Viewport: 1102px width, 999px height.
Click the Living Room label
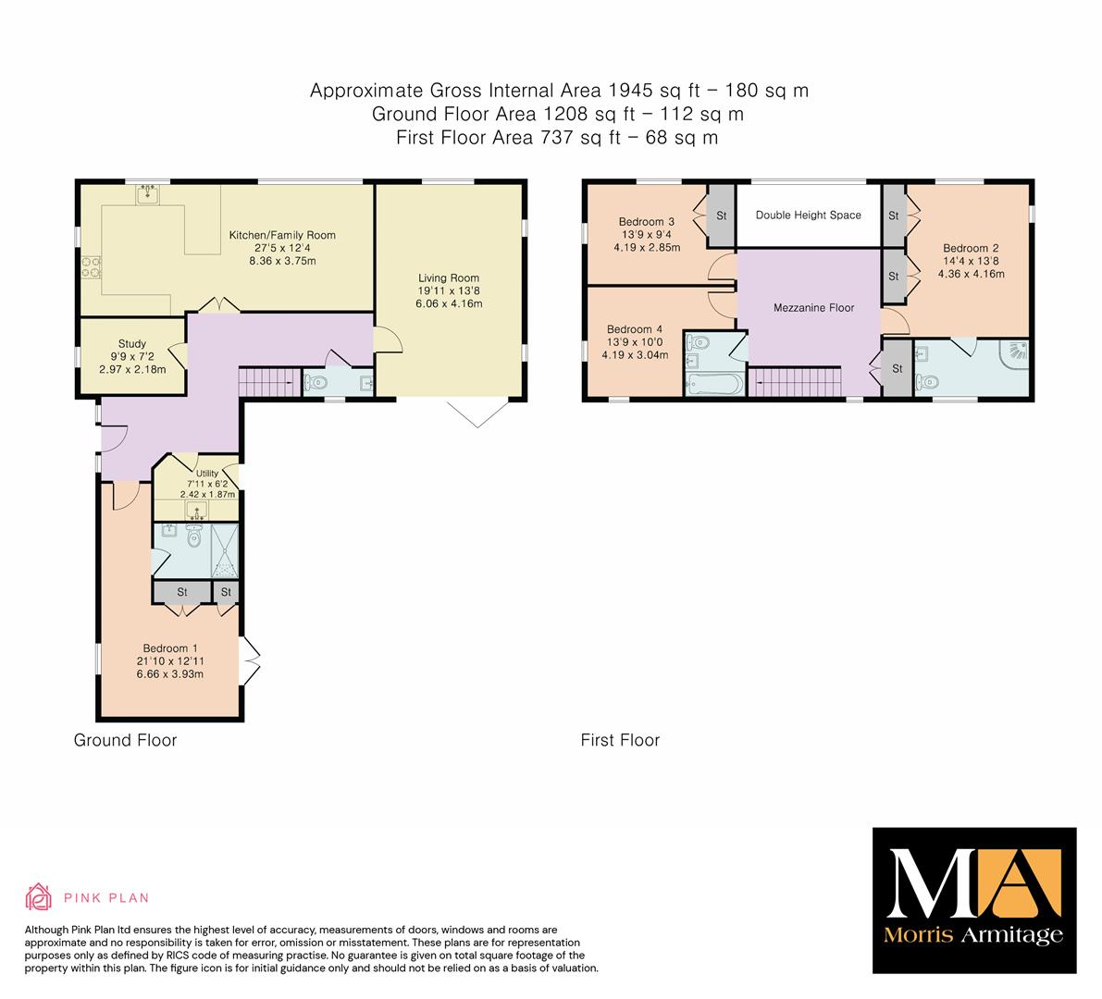pos(449,278)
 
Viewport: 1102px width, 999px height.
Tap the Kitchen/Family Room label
pos(282,235)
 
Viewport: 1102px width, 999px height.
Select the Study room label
pos(132,343)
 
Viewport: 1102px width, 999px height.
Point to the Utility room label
pos(207,474)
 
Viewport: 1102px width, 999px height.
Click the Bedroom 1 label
pos(170,648)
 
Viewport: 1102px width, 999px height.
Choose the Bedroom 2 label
pos(971,248)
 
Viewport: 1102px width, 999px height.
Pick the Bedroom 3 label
pos(647,221)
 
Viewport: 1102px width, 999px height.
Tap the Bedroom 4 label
pos(635,328)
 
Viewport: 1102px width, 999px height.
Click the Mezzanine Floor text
pos(814,308)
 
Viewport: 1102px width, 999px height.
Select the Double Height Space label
pos(809,215)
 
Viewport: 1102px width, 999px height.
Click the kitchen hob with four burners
pos(92,267)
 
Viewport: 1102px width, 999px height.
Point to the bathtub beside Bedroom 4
pos(713,385)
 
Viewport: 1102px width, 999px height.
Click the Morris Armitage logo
pos(974,901)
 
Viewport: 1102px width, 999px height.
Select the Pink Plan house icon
pos(39,897)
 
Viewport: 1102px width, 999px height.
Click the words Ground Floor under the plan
pos(125,741)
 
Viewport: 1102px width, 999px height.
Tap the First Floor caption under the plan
pos(620,741)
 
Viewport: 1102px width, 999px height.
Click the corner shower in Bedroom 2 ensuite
pos(1015,354)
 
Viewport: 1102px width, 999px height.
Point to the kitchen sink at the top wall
pos(148,193)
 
